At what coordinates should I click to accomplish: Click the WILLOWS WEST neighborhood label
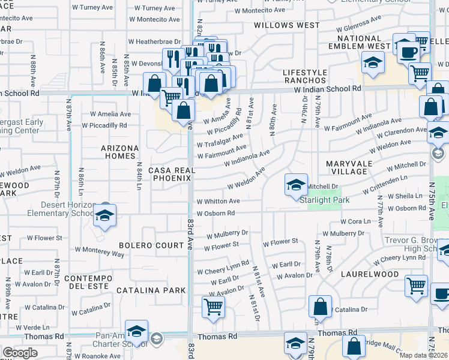(x=286, y=25)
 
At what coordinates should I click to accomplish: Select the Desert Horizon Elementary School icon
(x=104, y=216)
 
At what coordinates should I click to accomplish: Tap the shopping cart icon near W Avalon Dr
(x=214, y=307)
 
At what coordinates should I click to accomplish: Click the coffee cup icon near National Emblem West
(x=408, y=52)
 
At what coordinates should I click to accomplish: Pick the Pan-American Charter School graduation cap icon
(x=137, y=332)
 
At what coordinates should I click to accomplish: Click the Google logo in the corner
(x=20, y=352)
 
